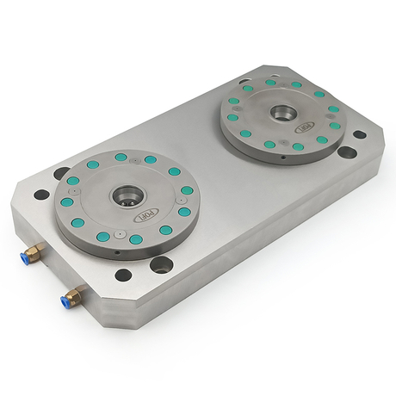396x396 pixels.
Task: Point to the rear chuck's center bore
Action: click(x=282, y=112)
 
